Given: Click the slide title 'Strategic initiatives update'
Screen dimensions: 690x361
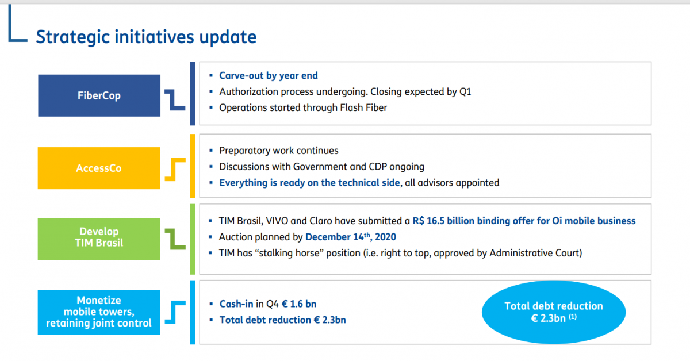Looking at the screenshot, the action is (x=146, y=37).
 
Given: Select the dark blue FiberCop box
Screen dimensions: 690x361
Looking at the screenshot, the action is (x=99, y=95).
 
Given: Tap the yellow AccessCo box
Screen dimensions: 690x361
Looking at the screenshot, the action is (x=99, y=168).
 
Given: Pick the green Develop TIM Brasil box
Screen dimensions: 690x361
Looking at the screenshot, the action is (x=99, y=239).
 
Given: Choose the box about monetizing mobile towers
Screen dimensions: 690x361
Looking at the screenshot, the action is (x=99, y=312).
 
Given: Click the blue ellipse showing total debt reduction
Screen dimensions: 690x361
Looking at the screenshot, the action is (x=554, y=312).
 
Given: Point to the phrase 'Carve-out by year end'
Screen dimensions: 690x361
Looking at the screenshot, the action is (x=269, y=75).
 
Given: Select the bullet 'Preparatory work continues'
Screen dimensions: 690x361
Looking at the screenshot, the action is (x=278, y=151).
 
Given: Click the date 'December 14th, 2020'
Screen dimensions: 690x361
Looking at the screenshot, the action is (x=351, y=237).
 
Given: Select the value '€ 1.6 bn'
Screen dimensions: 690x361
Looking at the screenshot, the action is (x=299, y=304).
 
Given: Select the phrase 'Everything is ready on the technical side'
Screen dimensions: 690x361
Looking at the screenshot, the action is (x=309, y=183).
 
